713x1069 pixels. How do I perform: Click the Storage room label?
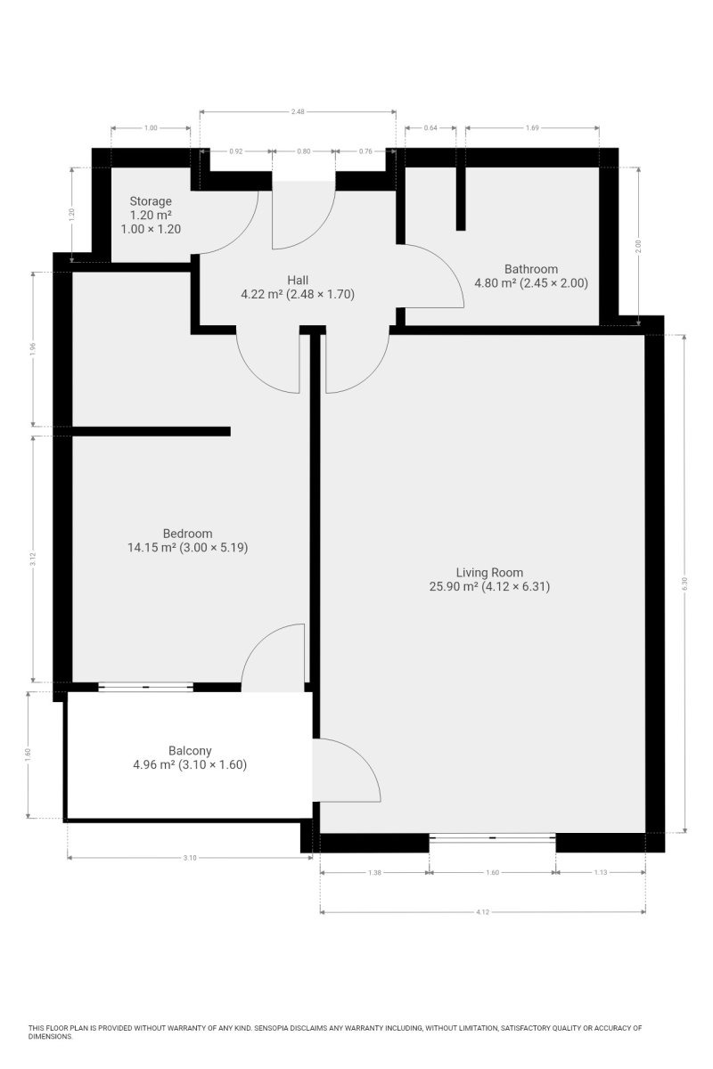point(150,201)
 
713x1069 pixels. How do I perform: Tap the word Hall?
point(298,279)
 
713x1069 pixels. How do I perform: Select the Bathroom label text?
point(530,269)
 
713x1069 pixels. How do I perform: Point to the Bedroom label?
point(187,534)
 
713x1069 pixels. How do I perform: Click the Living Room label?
point(489,573)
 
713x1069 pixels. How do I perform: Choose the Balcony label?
point(190,750)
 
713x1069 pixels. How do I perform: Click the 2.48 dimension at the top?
point(298,111)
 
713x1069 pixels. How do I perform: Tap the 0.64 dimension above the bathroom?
point(430,128)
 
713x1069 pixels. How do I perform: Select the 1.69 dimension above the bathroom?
point(531,128)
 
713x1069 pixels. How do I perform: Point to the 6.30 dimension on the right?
point(684,582)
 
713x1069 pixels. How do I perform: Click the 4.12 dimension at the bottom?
point(482,912)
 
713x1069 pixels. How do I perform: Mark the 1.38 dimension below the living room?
point(374,873)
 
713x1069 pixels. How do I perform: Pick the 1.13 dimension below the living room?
point(600,873)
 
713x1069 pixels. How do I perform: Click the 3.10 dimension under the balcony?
point(189,858)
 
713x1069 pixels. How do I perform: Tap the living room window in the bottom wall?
point(492,837)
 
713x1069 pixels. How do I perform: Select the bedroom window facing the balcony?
point(145,686)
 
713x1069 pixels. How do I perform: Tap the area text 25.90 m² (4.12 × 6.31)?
point(489,587)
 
